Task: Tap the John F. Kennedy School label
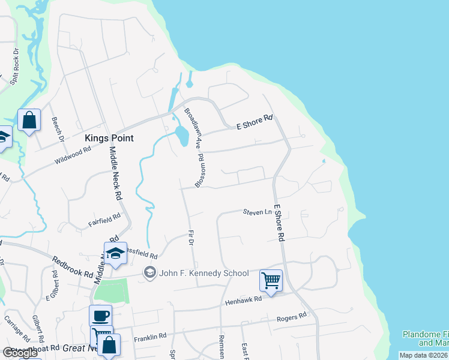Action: [x=203, y=273]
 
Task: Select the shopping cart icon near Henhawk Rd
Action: [x=271, y=280]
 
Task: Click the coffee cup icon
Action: [x=100, y=315]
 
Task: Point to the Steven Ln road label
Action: [x=257, y=212]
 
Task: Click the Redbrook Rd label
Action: [x=73, y=265]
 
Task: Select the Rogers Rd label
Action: [x=291, y=316]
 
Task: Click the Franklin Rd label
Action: [x=150, y=338]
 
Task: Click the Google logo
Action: [x=20, y=353]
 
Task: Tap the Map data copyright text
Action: [x=423, y=355]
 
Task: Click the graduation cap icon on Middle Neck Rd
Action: [x=115, y=254]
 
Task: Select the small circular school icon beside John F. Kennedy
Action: [x=149, y=273]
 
